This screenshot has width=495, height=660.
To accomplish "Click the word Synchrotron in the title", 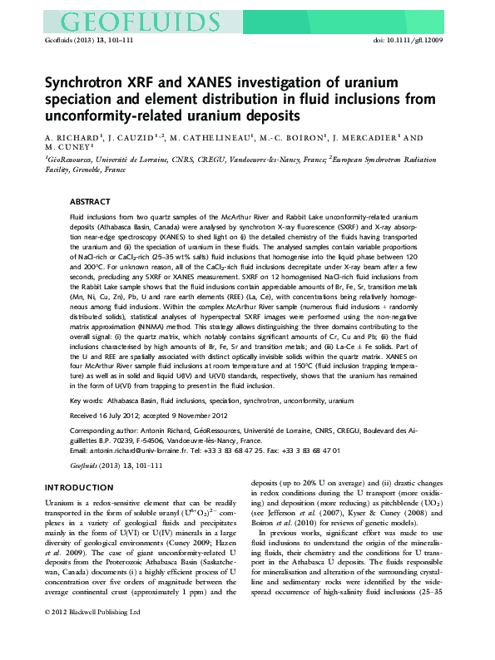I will click(81, 86).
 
